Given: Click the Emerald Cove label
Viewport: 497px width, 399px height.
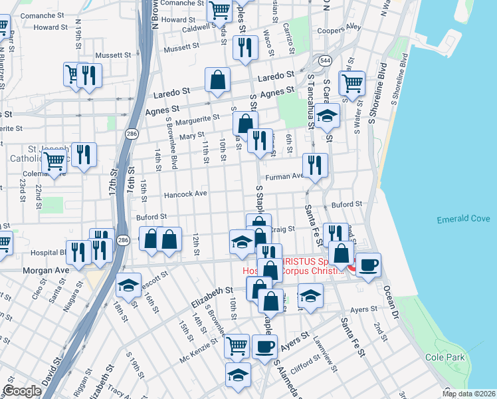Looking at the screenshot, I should click(463, 219).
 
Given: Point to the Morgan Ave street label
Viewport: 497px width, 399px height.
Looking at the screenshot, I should click(46, 271).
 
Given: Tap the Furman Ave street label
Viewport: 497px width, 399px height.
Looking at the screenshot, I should click(284, 178).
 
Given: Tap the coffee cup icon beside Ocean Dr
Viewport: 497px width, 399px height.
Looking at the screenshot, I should click(368, 263).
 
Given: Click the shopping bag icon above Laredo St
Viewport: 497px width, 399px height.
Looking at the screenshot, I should click(217, 79).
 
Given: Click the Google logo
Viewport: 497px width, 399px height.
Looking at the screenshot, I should click(22, 391).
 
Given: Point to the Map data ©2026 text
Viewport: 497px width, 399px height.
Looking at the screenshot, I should click(468, 394).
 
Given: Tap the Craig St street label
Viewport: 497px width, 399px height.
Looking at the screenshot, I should click(283, 229).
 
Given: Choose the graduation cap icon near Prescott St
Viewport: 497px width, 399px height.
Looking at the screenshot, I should click(128, 286).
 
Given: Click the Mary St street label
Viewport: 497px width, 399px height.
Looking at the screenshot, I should click(191, 136).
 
